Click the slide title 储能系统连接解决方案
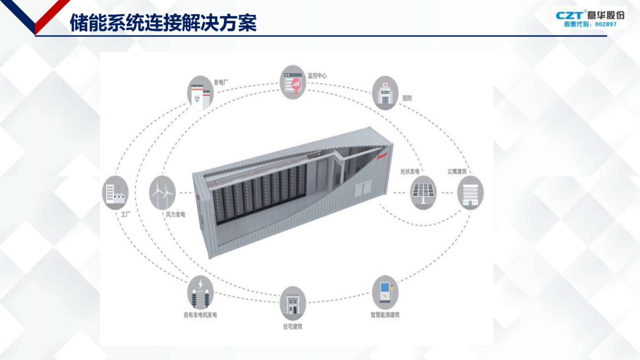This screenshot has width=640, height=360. (x=163, y=23)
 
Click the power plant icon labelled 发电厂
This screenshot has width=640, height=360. (x=200, y=92)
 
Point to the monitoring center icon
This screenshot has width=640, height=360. (x=293, y=83)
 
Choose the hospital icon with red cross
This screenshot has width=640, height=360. (x=385, y=92)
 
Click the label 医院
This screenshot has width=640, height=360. (x=407, y=99)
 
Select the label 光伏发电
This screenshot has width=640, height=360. (x=411, y=172)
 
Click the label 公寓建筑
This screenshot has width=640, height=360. (x=457, y=172)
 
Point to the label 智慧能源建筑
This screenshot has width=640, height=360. (x=385, y=315)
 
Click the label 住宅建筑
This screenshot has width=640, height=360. (x=293, y=326)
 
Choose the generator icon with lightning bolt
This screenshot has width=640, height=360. (x=200, y=291)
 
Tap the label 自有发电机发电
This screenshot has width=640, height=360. (x=200, y=315)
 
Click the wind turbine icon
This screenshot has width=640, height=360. (x=162, y=192)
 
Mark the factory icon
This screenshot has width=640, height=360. (x=115, y=193)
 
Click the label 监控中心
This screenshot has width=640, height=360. (x=317, y=76)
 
